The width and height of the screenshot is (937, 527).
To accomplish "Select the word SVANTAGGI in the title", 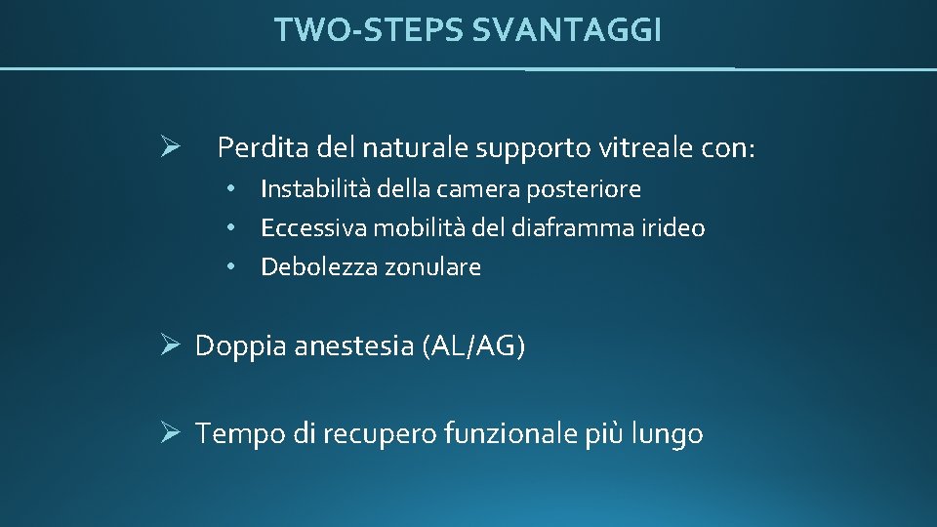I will (x=566, y=30).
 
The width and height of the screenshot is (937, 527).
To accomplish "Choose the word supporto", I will (x=520, y=149).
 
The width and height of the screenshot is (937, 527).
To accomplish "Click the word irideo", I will (x=672, y=228).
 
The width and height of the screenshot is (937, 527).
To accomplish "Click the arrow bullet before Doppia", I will (x=168, y=345).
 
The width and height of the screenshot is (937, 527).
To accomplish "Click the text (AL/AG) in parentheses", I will (x=473, y=346).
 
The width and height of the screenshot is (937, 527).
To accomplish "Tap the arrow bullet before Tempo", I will (x=168, y=433).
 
